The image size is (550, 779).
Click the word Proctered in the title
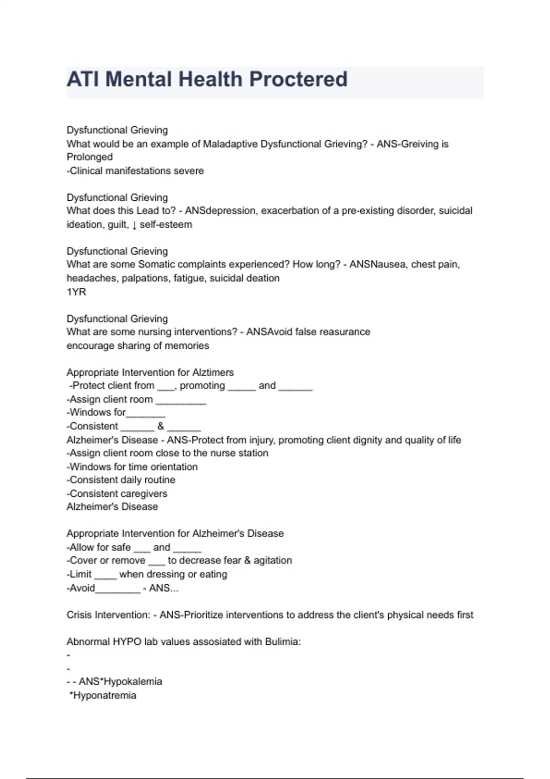coord(298,79)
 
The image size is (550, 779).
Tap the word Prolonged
coord(89,157)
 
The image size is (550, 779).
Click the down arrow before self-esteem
coord(134,225)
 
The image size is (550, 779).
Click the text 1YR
coord(76,292)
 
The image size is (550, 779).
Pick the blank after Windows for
coord(145,414)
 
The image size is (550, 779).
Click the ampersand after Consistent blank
coord(160,426)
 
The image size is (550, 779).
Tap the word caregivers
coord(144,494)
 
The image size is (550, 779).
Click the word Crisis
coord(79,615)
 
